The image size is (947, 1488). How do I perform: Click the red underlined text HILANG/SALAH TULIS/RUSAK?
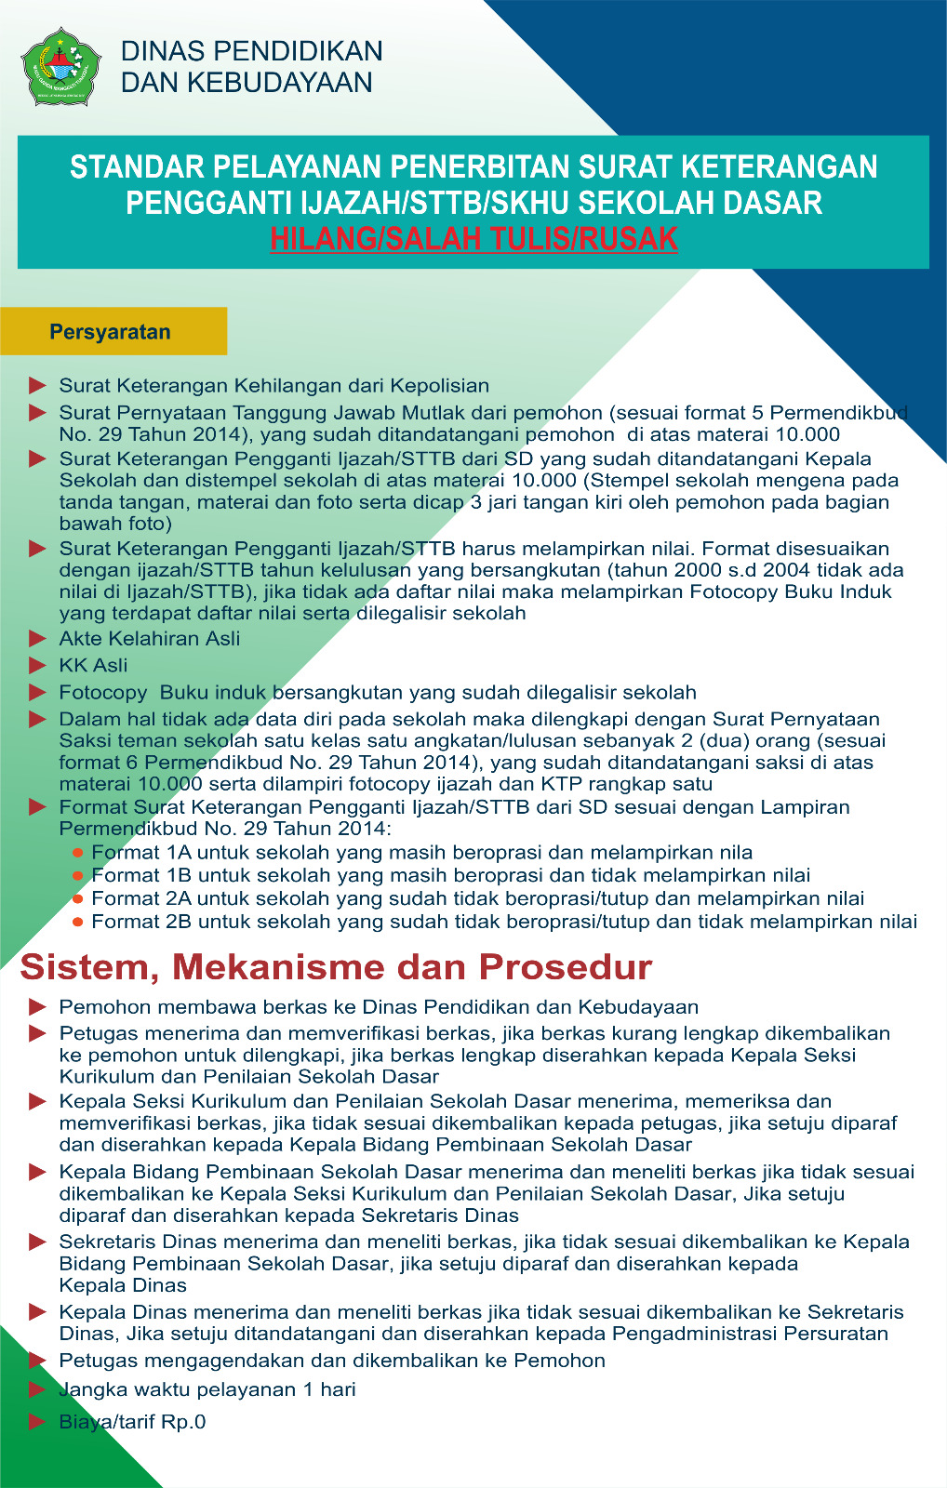click(473, 239)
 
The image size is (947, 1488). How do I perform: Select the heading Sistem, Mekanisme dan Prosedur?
click(336, 967)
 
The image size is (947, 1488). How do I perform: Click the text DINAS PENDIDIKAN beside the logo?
click(251, 51)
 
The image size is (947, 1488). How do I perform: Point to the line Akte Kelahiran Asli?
click(149, 639)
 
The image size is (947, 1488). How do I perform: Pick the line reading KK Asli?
click(93, 666)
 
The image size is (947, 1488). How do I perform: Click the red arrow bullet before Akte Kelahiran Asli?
click(37, 638)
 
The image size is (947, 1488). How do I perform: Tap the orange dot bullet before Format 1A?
click(78, 853)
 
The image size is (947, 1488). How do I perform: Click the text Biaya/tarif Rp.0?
click(132, 1422)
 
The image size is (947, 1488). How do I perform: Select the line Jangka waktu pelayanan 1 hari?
click(207, 1389)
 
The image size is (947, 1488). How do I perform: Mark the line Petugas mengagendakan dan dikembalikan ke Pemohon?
click(331, 1361)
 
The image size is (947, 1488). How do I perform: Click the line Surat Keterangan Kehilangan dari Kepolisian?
click(273, 386)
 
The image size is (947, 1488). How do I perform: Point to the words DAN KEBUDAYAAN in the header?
click(247, 83)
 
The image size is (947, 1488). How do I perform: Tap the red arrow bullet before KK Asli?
click(37, 665)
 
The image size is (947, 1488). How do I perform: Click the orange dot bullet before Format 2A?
click(78, 898)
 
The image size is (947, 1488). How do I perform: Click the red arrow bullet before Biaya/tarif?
click(37, 1421)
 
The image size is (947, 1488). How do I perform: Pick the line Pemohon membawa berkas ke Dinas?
click(378, 1007)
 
